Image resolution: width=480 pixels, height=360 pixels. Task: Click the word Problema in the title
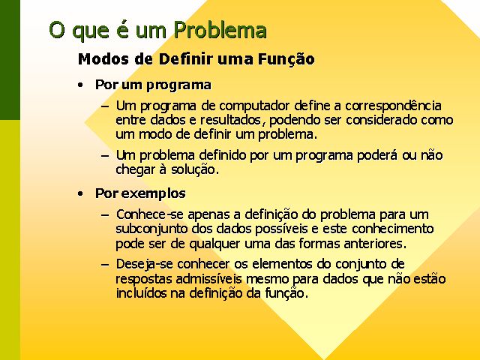coord(220,30)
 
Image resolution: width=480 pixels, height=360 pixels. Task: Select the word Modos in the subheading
coord(103,58)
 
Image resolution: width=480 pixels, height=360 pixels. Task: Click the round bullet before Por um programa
coord(80,85)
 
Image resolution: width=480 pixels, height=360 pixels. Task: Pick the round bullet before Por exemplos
coord(80,193)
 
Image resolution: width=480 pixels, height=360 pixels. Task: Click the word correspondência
coord(393,106)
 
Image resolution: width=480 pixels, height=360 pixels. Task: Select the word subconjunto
coord(151,229)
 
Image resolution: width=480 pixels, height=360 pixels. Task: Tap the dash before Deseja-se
coord(105,265)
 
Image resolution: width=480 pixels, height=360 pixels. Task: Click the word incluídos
coord(141,293)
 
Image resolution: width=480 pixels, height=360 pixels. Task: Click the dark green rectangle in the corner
coord(10,60)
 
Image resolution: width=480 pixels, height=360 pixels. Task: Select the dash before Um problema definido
coord(105,156)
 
